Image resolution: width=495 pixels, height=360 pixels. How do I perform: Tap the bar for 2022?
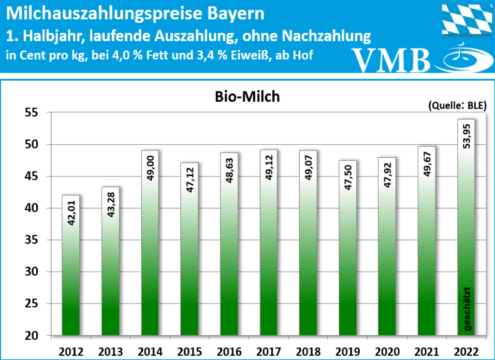[x=466, y=227]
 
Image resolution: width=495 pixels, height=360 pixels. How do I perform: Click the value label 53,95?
[x=466, y=136]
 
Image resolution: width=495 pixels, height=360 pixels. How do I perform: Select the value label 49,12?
[x=269, y=166]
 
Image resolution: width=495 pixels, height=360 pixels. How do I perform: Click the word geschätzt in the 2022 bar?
[x=467, y=309]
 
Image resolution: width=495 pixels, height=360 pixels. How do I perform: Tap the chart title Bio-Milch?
[x=247, y=97]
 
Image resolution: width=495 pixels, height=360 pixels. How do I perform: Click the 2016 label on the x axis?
[x=229, y=350]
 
